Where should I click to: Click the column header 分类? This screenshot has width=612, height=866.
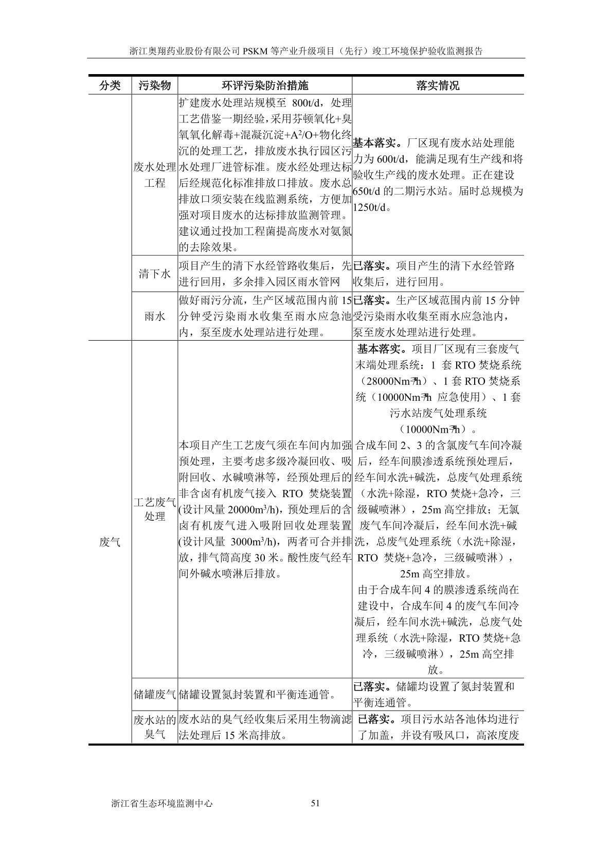(109, 85)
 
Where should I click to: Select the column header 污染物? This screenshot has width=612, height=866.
(154, 85)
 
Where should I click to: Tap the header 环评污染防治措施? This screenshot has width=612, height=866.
(265, 85)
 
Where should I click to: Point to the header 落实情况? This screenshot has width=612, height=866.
(438, 85)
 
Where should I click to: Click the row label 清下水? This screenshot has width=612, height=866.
(154, 274)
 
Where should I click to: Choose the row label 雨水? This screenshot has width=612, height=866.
(154, 316)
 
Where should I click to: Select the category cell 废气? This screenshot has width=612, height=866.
(109, 541)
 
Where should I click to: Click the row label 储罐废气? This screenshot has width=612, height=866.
(154, 695)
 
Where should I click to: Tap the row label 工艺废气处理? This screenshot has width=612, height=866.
(154, 508)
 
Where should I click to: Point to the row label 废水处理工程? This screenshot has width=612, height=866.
(154, 175)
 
